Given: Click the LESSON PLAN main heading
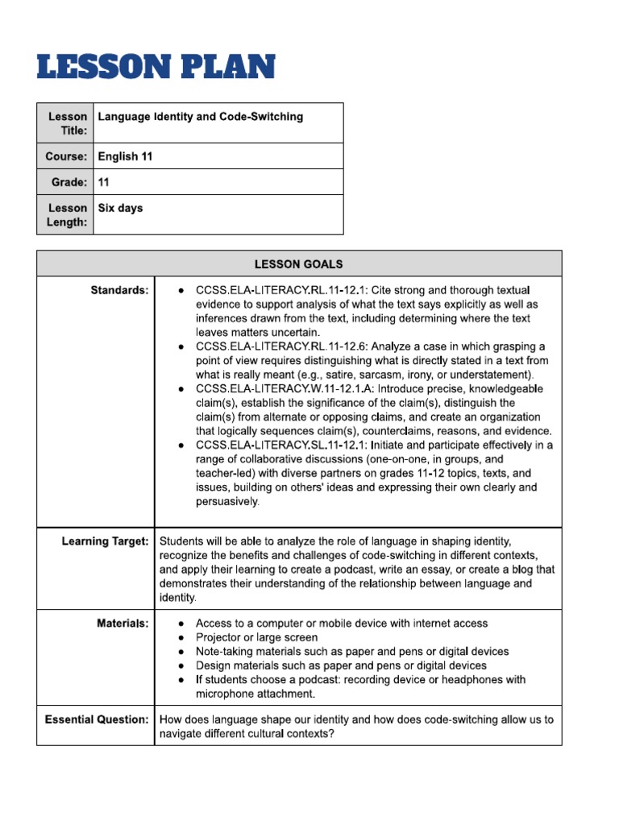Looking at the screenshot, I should point(156,68).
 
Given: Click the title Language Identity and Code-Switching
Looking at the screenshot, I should point(201,117).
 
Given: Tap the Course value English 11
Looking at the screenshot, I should point(125,156).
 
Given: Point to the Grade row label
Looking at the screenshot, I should point(69,182).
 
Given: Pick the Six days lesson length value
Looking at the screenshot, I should point(120,208).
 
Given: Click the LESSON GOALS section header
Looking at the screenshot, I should point(299,263).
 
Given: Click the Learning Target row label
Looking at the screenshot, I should point(105,541).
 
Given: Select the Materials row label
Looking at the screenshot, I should point(123,624).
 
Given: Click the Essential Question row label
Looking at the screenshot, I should point(97,719).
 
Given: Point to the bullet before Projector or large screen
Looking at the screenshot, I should point(183,637).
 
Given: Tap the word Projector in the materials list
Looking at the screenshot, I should point(219,637).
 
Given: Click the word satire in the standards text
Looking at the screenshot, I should point(384,375).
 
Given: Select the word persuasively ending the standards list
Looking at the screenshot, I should point(227,502).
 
